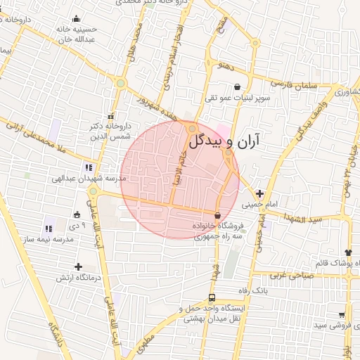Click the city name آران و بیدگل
(223, 141)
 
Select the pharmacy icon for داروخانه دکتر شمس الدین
(109, 116)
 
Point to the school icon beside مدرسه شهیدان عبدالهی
(89, 167)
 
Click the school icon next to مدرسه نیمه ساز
(49, 229)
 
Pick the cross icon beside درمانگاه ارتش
(78, 266)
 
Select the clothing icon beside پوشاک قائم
(348, 252)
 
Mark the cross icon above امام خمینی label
(260, 193)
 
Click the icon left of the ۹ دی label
(77, 214)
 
